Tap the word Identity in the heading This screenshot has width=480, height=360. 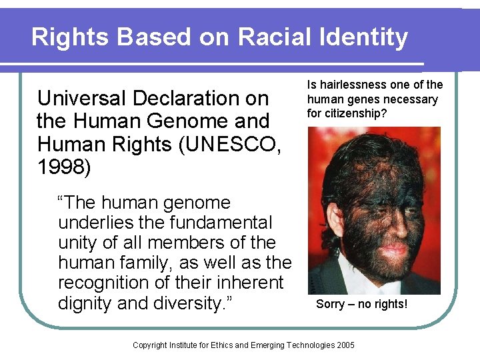point(359,37)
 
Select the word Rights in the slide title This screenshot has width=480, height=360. point(71,37)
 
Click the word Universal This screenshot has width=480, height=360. point(79,99)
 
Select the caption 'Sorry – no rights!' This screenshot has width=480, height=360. point(361,305)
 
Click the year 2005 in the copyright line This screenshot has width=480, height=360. point(345,345)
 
